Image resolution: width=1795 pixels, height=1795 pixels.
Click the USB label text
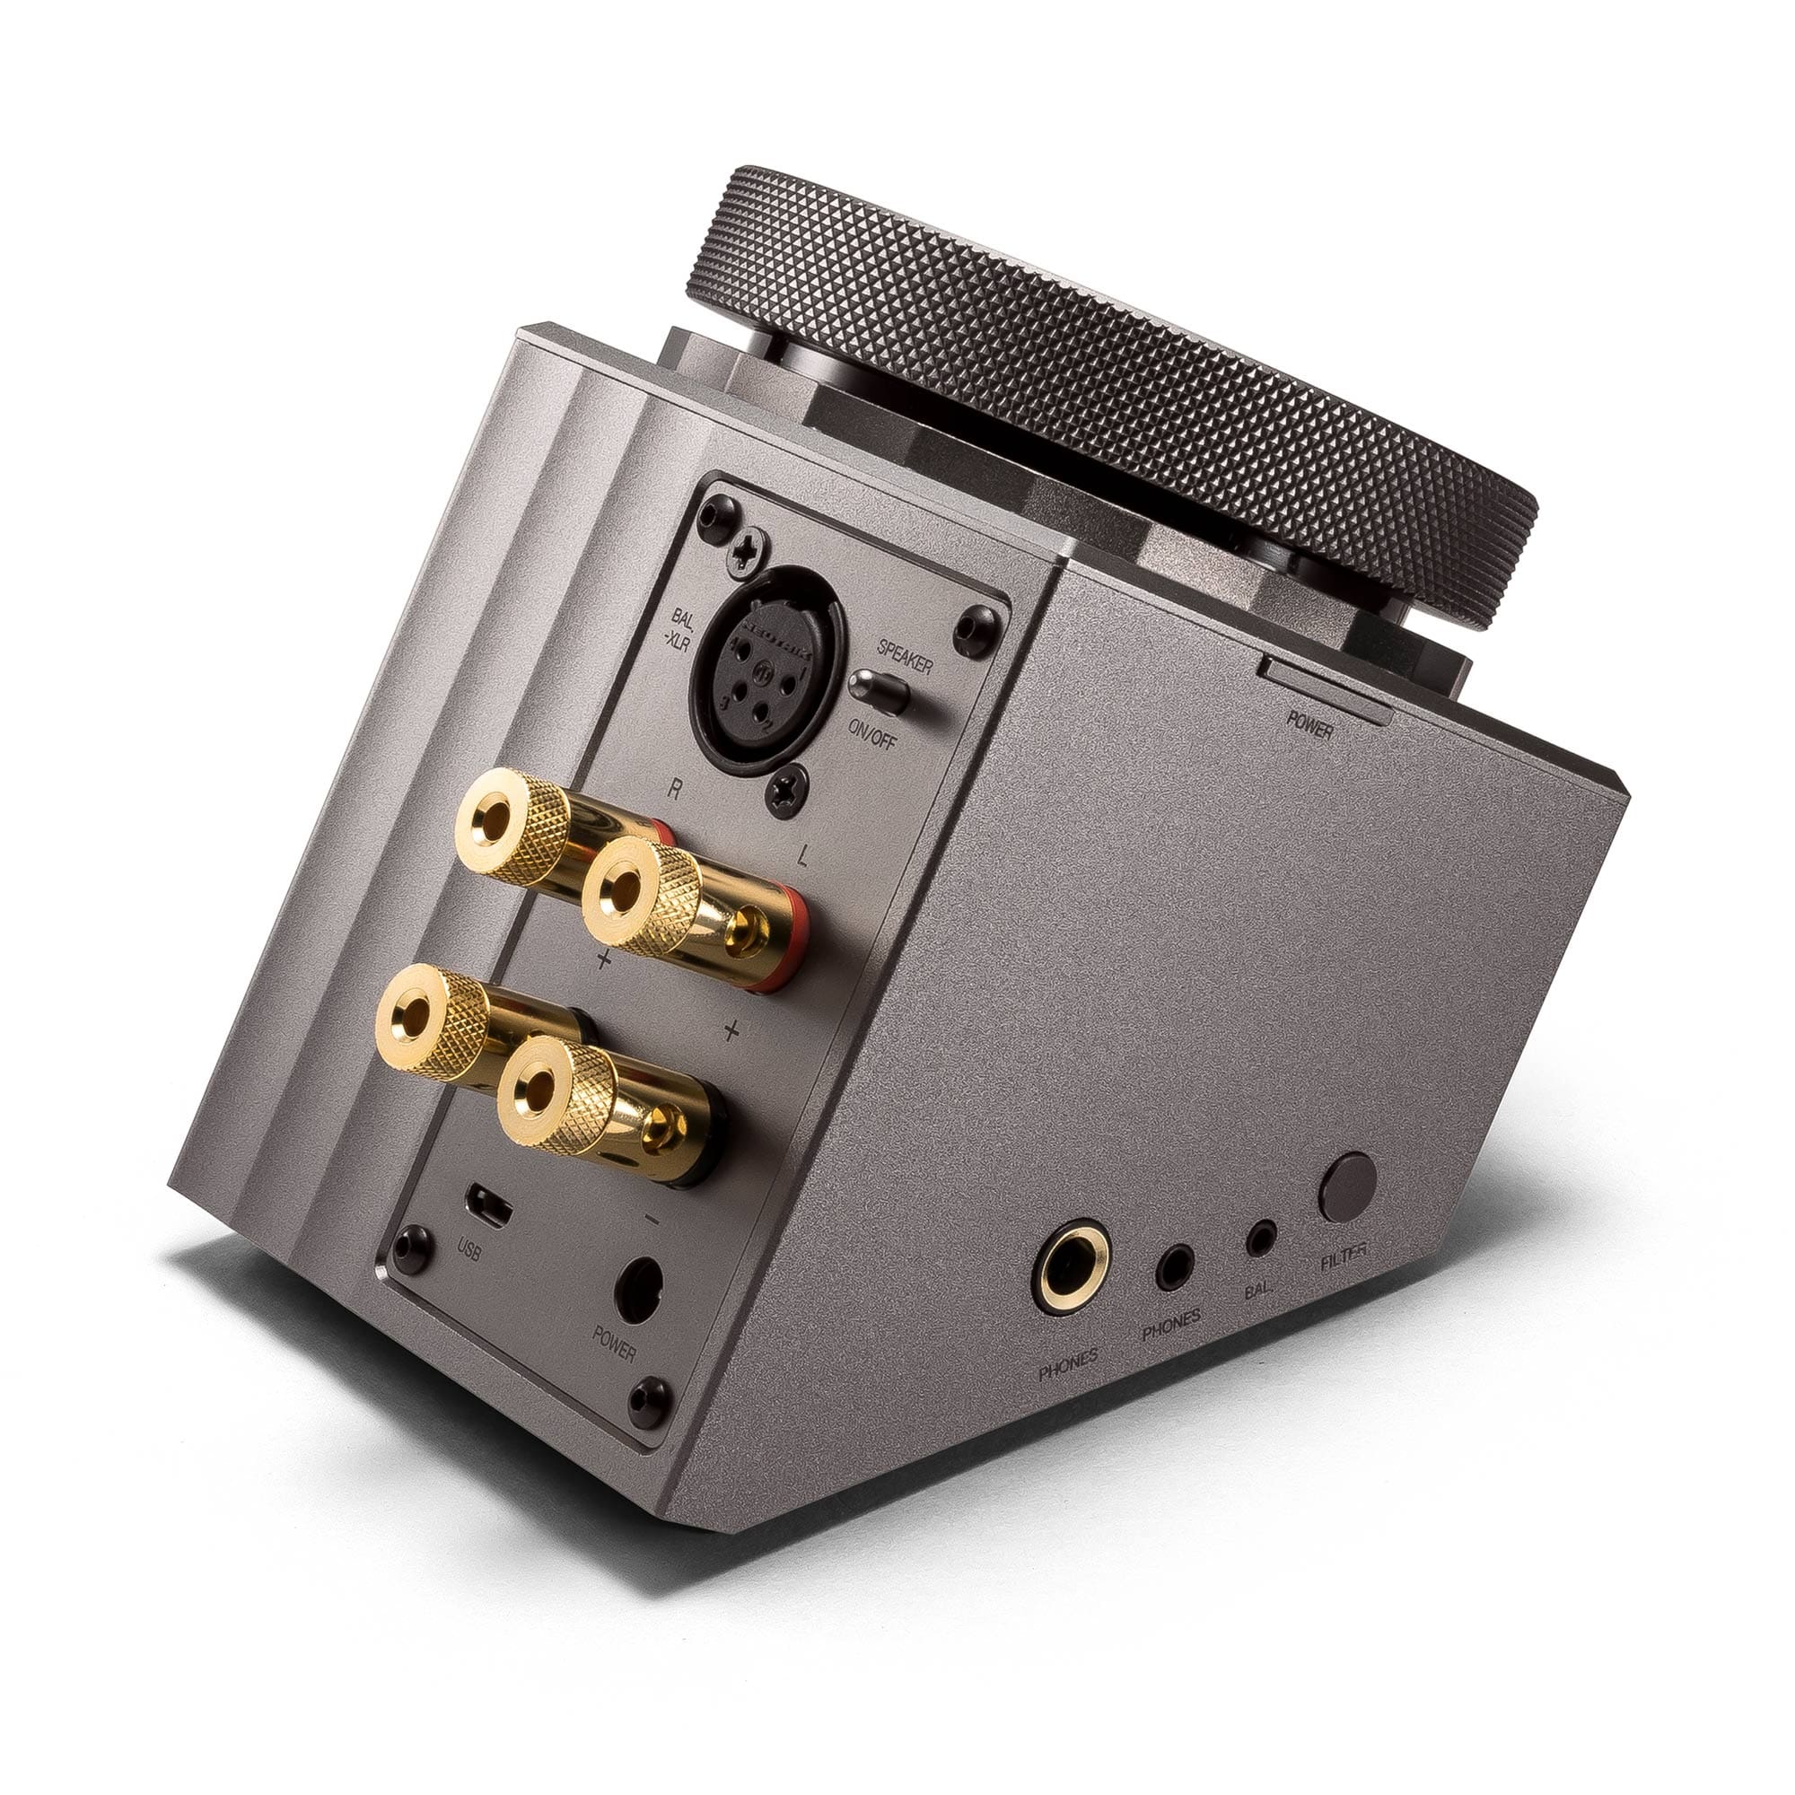[x=470, y=1252]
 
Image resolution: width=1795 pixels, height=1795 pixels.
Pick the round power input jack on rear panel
[x=641, y=1286]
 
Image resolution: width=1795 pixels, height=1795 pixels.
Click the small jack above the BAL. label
[x=1261, y=1237]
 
